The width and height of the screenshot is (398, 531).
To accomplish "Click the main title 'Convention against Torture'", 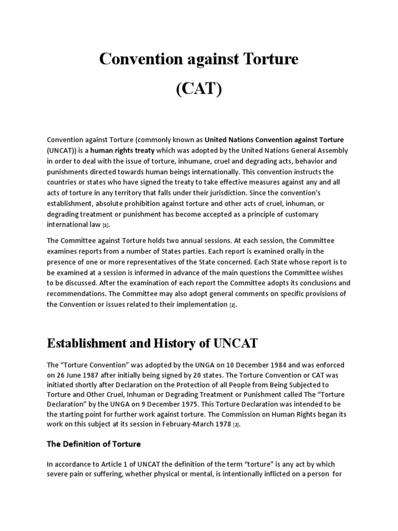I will point(198,60).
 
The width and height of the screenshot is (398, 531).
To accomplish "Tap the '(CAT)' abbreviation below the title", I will point(198,89).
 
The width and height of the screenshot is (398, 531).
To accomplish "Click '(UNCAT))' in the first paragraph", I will point(62,150).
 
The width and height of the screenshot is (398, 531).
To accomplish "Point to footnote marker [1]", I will point(106,226).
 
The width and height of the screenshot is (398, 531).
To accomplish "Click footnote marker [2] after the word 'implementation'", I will point(232,305).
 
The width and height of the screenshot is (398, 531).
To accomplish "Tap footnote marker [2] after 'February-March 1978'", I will point(236,425).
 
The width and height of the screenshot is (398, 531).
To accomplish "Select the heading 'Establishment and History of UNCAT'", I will point(152,343).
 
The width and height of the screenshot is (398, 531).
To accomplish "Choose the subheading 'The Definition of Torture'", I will point(94,444).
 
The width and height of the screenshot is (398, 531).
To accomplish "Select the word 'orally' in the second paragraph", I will point(295,251).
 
